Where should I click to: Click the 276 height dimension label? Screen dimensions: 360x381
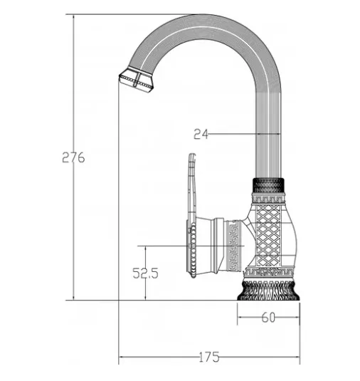coord(73,157)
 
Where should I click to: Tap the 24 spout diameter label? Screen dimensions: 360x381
coord(201,134)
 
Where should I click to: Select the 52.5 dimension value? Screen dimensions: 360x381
coord(145,273)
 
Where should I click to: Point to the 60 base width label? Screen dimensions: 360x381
coord(268,318)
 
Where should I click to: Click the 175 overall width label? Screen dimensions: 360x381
coord(209,357)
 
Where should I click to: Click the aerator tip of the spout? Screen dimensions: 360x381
coord(136,79)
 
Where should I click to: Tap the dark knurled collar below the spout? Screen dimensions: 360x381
coord(268,186)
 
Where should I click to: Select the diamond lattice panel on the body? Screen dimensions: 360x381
coord(268,235)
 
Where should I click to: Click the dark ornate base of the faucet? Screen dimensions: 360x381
coord(268,291)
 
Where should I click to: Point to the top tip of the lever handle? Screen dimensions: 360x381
coord(192,154)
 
